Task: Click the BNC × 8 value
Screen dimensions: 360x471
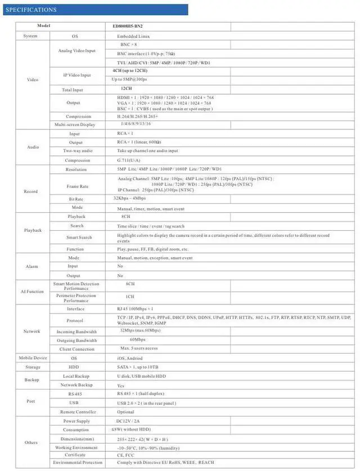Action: click(x=129, y=44)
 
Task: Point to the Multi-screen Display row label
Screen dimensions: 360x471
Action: click(x=75, y=124)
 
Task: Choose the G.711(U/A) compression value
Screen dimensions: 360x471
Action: click(x=128, y=160)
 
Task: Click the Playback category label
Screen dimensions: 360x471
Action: click(x=33, y=230)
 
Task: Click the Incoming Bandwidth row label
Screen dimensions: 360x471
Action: click(x=77, y=332)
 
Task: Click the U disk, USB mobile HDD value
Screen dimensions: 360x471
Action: click(x=141, y=376)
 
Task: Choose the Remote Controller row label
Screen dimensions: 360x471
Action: click(x=76, y=412)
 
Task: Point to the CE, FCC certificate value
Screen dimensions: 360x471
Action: click(x=126, y=455)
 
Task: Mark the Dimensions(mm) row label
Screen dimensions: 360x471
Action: click(x=76, y=438)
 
